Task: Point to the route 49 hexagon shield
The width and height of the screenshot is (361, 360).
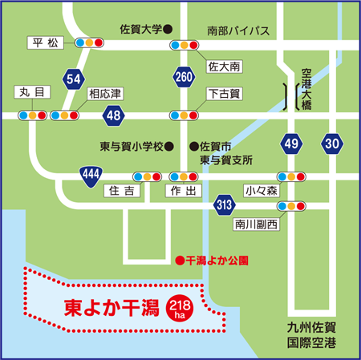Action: click(x=292, y=144)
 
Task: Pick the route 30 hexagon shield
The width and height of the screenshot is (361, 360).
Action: click(x=332, y=144)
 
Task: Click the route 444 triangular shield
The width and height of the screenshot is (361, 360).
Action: click(x=90, y=173)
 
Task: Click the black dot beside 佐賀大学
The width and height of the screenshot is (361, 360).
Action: click(x=169, y=29)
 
